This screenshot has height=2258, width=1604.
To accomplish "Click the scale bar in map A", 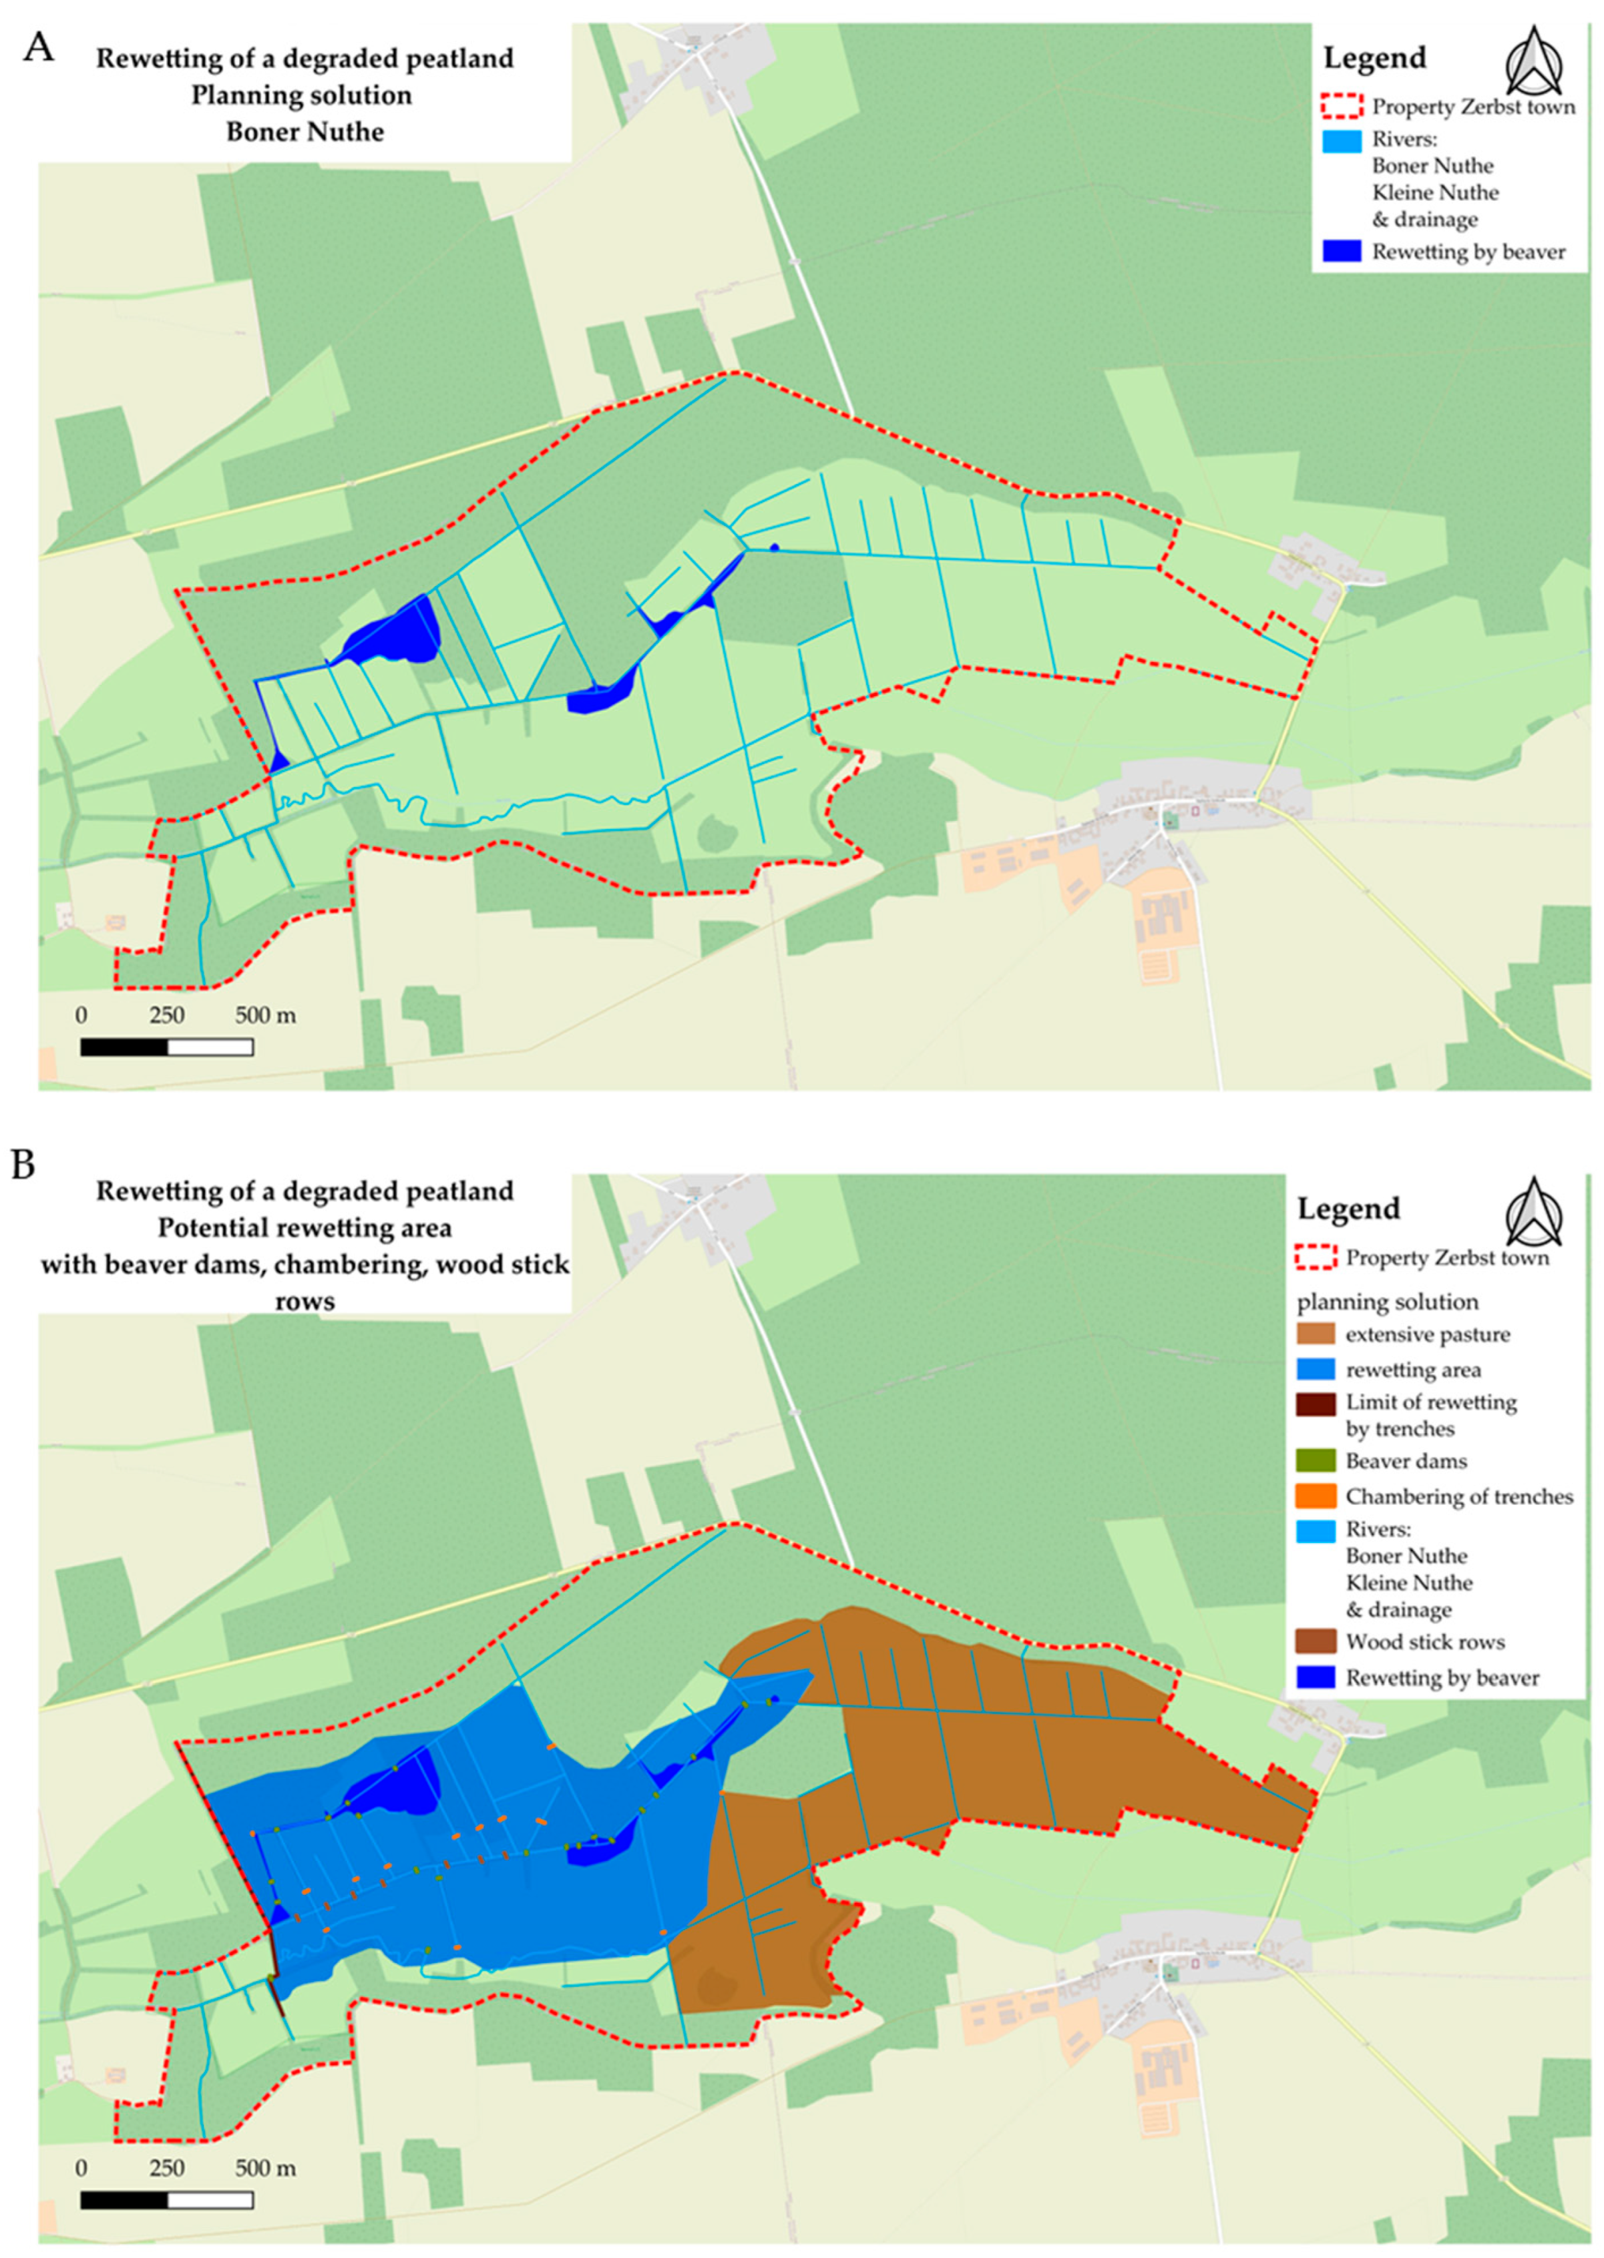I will click(166, 1047).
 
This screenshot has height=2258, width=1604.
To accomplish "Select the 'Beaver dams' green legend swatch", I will click(1315, 1460).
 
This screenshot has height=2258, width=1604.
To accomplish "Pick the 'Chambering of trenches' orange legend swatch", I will click(1315, 1496).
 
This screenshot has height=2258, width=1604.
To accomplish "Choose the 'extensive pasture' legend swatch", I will click(1315, 1334).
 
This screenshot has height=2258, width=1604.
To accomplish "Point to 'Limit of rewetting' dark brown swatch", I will click(1315, 1403).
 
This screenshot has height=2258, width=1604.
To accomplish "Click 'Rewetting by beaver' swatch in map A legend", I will click(1342, 251).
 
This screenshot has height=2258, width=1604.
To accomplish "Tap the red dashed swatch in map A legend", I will click(1342, 105).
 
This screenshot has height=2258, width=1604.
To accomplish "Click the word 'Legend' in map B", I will click(1348, 1209).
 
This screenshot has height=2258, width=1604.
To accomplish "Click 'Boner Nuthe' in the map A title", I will click(305, 131).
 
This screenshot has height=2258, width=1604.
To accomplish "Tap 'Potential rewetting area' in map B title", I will click(305, 1227).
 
